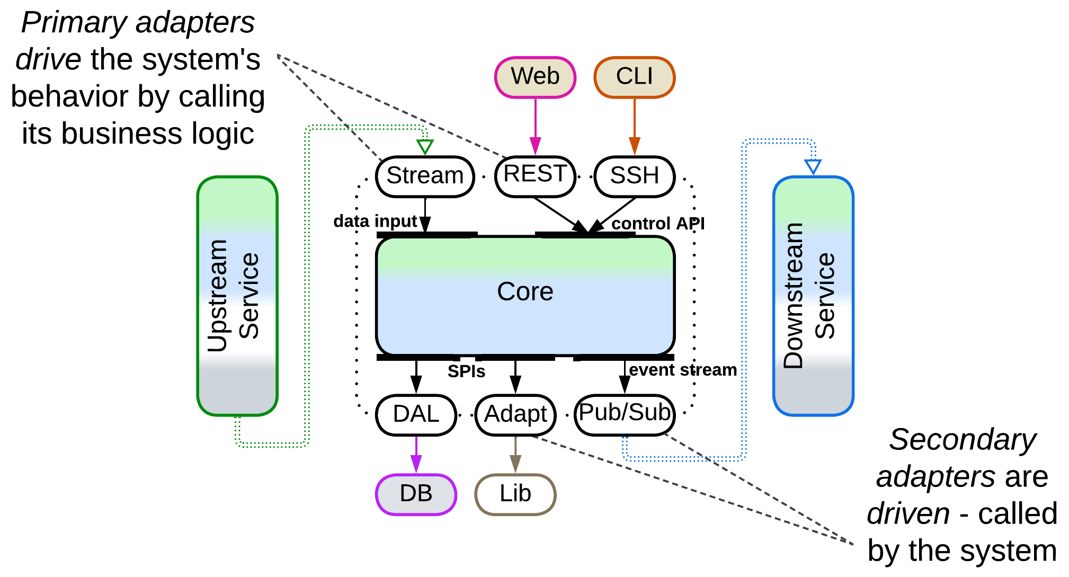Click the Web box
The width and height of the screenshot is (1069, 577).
[x=535, y=77]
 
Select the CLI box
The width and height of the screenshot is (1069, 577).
[x=634, y=77]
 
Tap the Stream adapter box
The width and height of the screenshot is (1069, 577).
[x=425, y=176]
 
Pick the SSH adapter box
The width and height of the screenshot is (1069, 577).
[x=634, y=176]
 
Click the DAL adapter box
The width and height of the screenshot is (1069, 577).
[x=416, y=415]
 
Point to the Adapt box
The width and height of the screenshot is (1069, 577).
[x=515, y=415]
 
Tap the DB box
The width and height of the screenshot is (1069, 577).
[x=416, y=494]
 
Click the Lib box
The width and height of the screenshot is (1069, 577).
[x=515, y=494]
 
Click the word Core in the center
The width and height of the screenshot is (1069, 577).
[x=525, y=292]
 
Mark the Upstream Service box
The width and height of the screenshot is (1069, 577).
[x=237, y=296]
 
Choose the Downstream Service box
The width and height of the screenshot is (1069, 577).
[x=813, y=296]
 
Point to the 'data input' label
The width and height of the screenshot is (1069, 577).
[x=375, y=221]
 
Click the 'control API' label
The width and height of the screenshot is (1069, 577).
[x=658, y=224]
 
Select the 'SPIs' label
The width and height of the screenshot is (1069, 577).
[x=466, y=371]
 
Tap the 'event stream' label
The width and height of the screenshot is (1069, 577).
[x=683, y=370]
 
